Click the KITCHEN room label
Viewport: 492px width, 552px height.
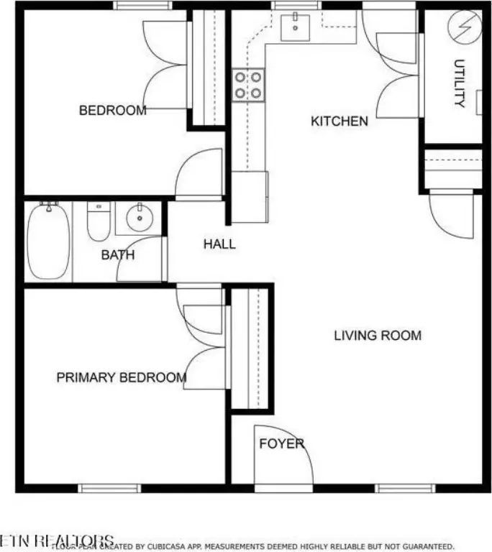[x=339, y=121]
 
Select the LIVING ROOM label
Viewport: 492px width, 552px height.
[x=378, y=336]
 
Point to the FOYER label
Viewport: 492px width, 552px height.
[x=281, y=443]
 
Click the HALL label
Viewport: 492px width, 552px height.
[x=219, y=244]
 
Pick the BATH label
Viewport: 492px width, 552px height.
[x=117, y=254]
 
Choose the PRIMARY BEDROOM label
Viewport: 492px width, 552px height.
[x=121, y=377]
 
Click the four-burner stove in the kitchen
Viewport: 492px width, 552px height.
[x=248, y=84]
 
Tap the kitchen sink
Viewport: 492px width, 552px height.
[x=296, y=27]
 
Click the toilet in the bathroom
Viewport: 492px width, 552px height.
[x=98, y=222]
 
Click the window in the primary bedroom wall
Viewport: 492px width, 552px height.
[x=109, y=488]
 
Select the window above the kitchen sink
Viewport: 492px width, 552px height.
[x=295, y=6]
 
